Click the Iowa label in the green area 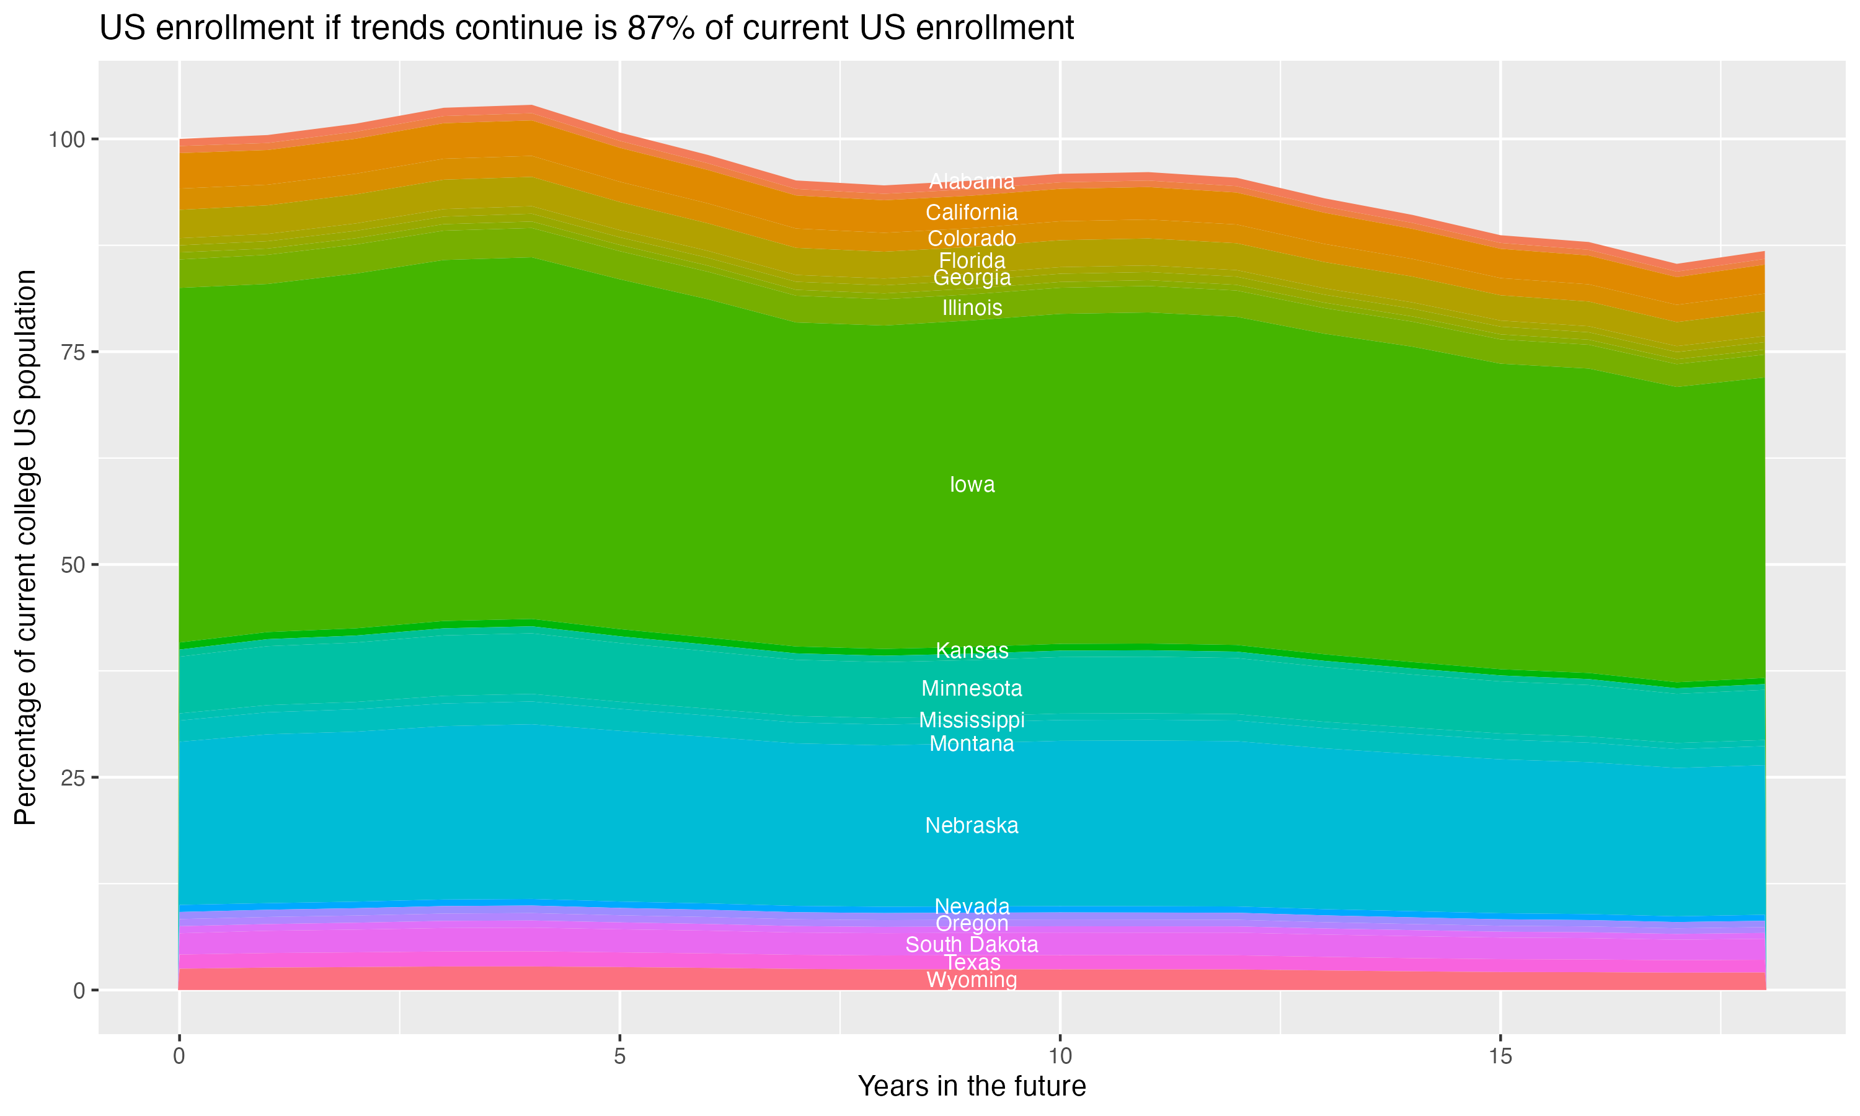(972, 484)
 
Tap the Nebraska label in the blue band (972, 825)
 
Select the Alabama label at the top (972, 181)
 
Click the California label (972, 212)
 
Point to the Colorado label (972, 239)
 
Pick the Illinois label (972, 308)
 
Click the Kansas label (972, 650)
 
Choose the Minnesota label (972, 688)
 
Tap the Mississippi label (972, 720)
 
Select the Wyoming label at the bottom (972, 980)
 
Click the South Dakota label (972, 944)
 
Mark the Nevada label (972, 906)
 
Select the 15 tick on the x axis (1500, 1056)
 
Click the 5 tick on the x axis (619, 1056)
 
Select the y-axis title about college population (25, 547)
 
